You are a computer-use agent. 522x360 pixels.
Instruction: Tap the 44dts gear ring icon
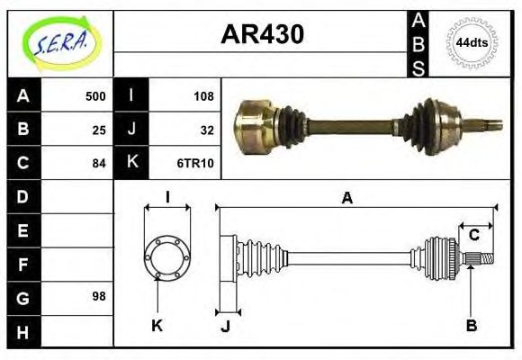[472, 43]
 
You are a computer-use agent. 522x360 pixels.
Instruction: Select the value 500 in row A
[95, 96]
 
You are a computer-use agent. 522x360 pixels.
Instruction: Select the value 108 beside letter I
[202, 96]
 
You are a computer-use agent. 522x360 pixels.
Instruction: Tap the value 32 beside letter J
[206, 130]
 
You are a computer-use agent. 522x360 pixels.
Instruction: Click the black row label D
[23, 196]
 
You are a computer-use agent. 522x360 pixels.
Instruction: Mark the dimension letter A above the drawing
[347, 198]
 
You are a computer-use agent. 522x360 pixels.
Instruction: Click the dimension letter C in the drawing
[473, 235]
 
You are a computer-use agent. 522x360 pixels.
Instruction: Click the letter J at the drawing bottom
[225, 326]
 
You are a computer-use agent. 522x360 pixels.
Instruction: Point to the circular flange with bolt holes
[167, 257]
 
